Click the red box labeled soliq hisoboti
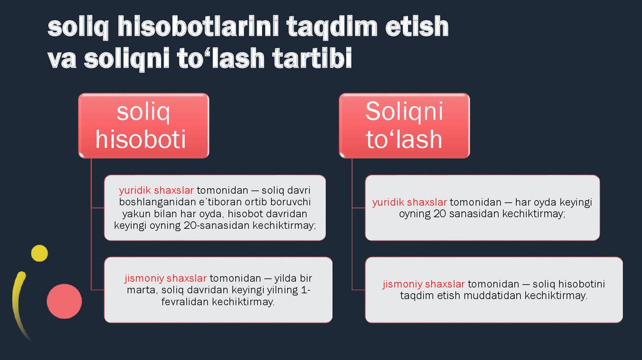(143, 125)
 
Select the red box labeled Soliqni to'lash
(404, 125)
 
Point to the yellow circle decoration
(39, 253)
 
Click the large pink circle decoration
(64, 300)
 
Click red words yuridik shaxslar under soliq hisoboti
(156, 190)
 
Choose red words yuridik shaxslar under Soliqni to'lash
(409, 203)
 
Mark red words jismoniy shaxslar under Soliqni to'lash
(423, 283)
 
